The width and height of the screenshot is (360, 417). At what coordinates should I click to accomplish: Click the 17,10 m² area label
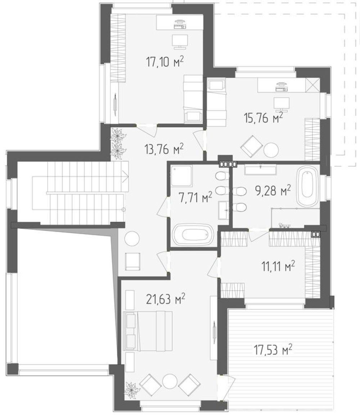[x=165, y=62]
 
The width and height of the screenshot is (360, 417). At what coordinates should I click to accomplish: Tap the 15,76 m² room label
[x=263, y=118]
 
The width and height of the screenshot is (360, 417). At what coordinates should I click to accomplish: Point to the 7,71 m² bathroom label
[x=195, y=198]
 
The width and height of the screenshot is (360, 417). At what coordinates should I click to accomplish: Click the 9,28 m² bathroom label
[x=273, y=191]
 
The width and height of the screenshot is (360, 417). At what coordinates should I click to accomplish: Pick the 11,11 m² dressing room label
[x=278, y=266]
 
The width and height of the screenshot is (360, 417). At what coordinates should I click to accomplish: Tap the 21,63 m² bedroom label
[x=166, y=299]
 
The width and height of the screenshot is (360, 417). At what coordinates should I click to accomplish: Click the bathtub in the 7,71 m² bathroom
[x=193, y=234]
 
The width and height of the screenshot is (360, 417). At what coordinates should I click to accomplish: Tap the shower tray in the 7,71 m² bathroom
[x=181, y=176]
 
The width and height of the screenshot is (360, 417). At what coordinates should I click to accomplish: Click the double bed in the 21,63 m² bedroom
[x=148, y=331]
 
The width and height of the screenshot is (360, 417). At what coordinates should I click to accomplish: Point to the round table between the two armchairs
[x=170, y=382]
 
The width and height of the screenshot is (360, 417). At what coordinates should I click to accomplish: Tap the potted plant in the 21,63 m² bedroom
[x=131, y=390]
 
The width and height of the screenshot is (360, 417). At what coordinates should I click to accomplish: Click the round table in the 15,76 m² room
[x=271, y=150]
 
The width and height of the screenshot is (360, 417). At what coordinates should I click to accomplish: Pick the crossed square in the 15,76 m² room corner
[x=312, y=85]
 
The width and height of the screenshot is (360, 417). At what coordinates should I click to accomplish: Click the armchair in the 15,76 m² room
[x=252, y=145]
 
